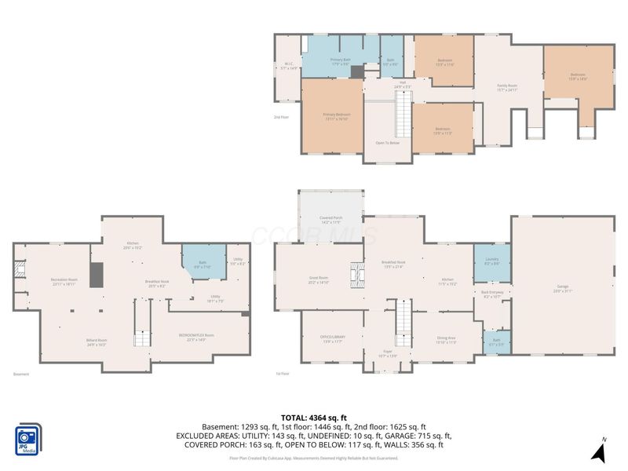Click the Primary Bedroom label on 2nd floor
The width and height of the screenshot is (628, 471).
click(x=337, y=116)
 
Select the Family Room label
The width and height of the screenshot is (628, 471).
click(x=508, y=86)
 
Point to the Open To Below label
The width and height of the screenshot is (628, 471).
click(x=388, y=143)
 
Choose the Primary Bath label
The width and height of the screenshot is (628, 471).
click(x=340, y=61)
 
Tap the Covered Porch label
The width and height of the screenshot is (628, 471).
click(x=330, y=221)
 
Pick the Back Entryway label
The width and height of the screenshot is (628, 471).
click(x=492, y=294)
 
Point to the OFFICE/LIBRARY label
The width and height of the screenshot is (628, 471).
click(x=333, y=338)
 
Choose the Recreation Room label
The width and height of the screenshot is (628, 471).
click(x=64, y=281)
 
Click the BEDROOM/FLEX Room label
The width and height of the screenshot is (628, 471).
click(x=196, y=337)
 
